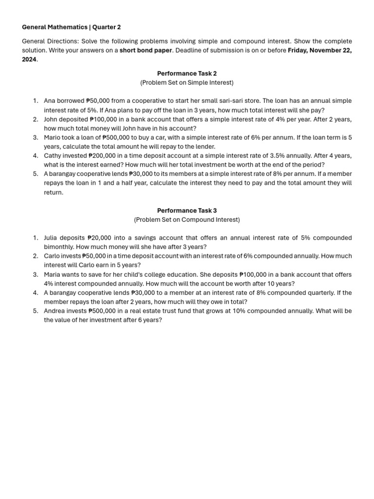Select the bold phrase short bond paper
click(146, 50)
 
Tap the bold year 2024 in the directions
click(29, 59)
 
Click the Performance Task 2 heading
click(187, 74)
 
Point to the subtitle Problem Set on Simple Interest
click(187, 83)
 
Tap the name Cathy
click(53, 156)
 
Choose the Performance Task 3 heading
click(187, 211)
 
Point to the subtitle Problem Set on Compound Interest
click(187, 220)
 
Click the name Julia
click(52, 238)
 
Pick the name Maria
click(53, 275)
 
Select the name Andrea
click(55, 311)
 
